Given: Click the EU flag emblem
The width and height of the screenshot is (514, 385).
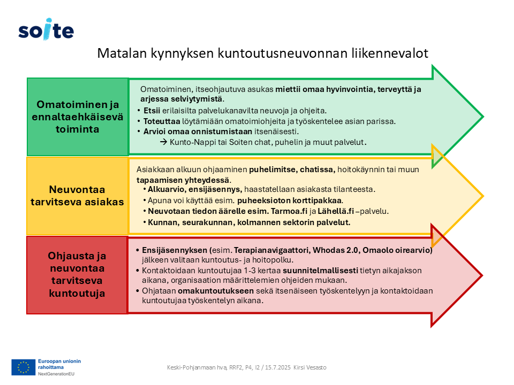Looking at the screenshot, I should (x=24, y=367).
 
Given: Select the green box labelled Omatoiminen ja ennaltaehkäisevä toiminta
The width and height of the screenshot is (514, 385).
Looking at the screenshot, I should (x=78, y=117).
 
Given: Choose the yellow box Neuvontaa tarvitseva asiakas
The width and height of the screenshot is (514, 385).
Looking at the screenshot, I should (x=78, y=196).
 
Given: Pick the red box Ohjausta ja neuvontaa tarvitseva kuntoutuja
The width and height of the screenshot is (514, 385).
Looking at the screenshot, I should (x=77, y=274).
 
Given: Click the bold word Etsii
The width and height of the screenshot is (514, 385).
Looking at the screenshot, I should (x=153, y=111).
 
